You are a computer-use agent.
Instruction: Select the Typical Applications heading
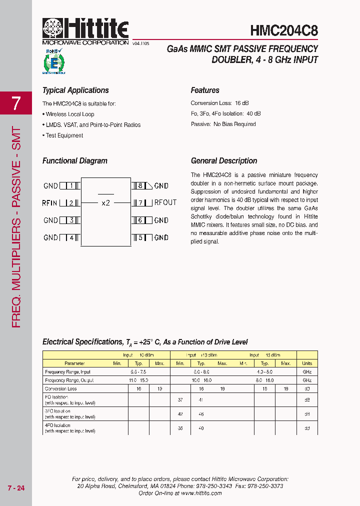point(75,90)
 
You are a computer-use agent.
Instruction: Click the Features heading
point(205,90)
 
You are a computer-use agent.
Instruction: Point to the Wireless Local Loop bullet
point(69,114)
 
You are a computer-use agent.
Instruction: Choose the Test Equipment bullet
point(64,135)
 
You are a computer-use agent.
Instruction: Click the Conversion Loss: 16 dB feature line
point(219,103)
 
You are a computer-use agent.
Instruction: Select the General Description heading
point(224,161)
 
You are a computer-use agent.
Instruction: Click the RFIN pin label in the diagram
point(50,203)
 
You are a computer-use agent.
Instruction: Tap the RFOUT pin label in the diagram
point(165,203)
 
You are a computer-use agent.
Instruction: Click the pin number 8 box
point(140,185)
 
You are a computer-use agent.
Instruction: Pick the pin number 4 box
point(71,237)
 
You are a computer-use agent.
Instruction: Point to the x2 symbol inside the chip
point(105,203)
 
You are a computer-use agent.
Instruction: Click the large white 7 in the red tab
point(16,103)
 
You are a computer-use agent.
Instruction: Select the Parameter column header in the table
point(74,363)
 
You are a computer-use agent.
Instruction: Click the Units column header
point(307,363)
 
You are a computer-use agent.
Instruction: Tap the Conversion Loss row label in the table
point(61,388)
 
